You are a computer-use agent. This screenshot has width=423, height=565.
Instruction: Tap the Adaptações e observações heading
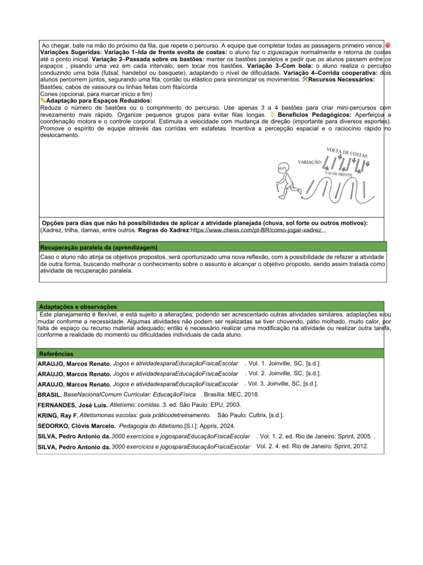(77, 306)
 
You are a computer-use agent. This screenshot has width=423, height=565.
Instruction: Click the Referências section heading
(56, 353)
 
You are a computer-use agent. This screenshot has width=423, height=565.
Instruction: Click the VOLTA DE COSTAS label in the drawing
(347, 153)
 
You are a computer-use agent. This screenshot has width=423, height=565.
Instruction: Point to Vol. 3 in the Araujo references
(258, 383)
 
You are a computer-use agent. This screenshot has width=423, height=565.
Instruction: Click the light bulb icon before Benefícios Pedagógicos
(272, 114)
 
